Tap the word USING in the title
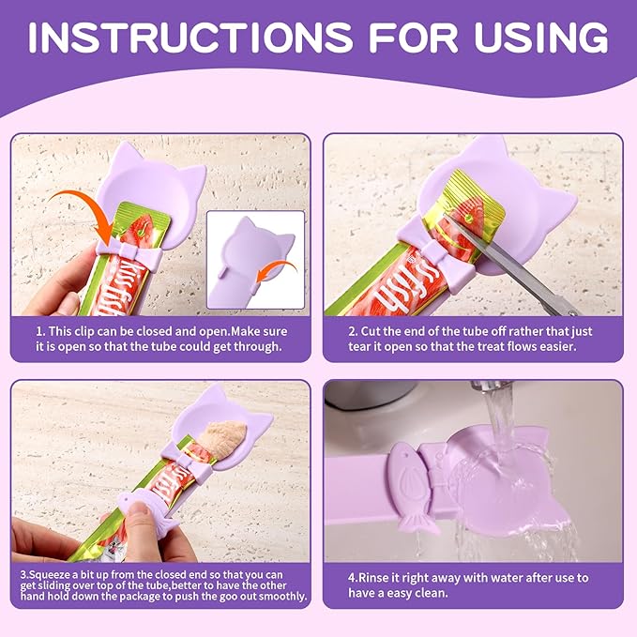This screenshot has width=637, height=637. (x=529, y=38)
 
